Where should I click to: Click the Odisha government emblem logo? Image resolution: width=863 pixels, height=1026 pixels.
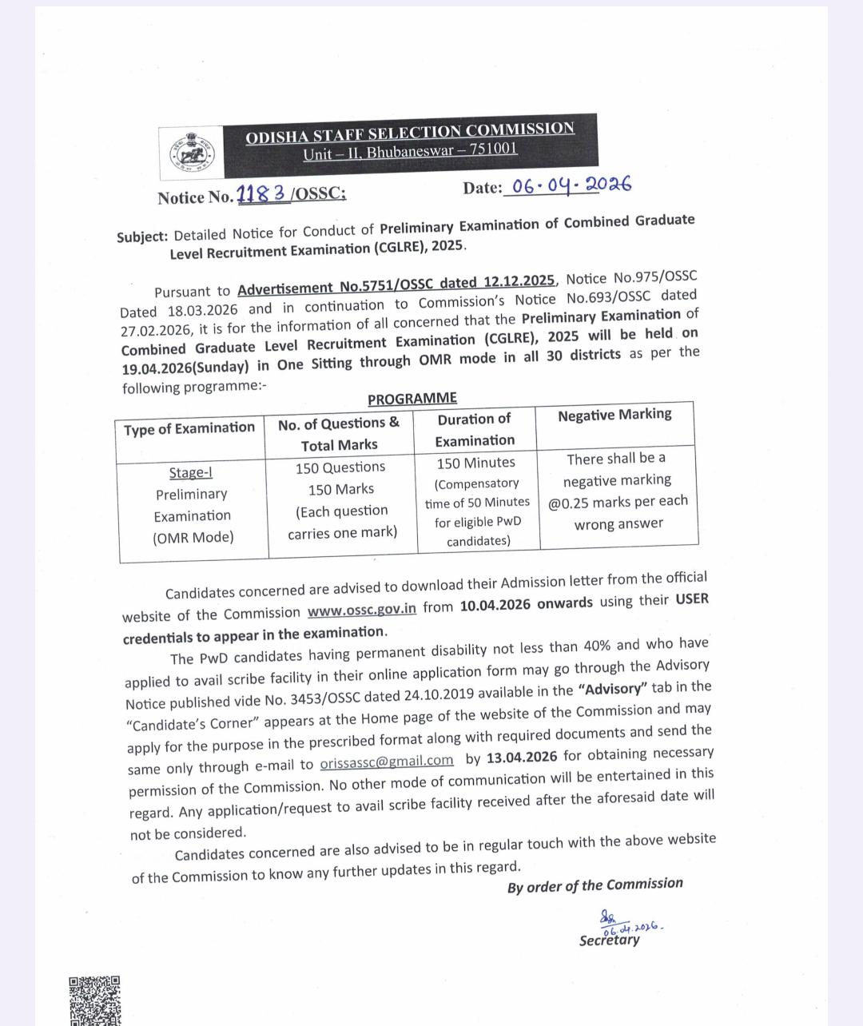click(x=188, y=152)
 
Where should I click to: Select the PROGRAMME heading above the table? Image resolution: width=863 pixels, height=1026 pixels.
click(x=412, y=399)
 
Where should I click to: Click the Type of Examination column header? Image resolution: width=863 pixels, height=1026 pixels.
click(x=189, y=429)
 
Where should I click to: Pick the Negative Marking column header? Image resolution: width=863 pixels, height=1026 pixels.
click(x=614, y=415)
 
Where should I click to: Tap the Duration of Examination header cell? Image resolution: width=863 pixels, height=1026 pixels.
click(x=475, y=430)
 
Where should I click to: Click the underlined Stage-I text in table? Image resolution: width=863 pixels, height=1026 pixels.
click(x=190, y=472)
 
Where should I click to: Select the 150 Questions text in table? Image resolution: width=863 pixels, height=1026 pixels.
click(x=340, y=467)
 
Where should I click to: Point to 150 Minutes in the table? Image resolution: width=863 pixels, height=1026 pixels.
click(x=476, y=463)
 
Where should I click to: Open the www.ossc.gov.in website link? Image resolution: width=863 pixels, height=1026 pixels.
click(x=362, y=610)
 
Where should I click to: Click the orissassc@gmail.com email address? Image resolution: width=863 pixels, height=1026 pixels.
click(x=387, y=762)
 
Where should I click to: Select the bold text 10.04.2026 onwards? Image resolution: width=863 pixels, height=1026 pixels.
click(x=527, y=604)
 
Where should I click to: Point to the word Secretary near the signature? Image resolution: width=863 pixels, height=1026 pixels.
click(x=610, y=940)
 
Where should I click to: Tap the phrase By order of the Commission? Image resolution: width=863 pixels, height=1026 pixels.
click(x=595, y=885)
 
